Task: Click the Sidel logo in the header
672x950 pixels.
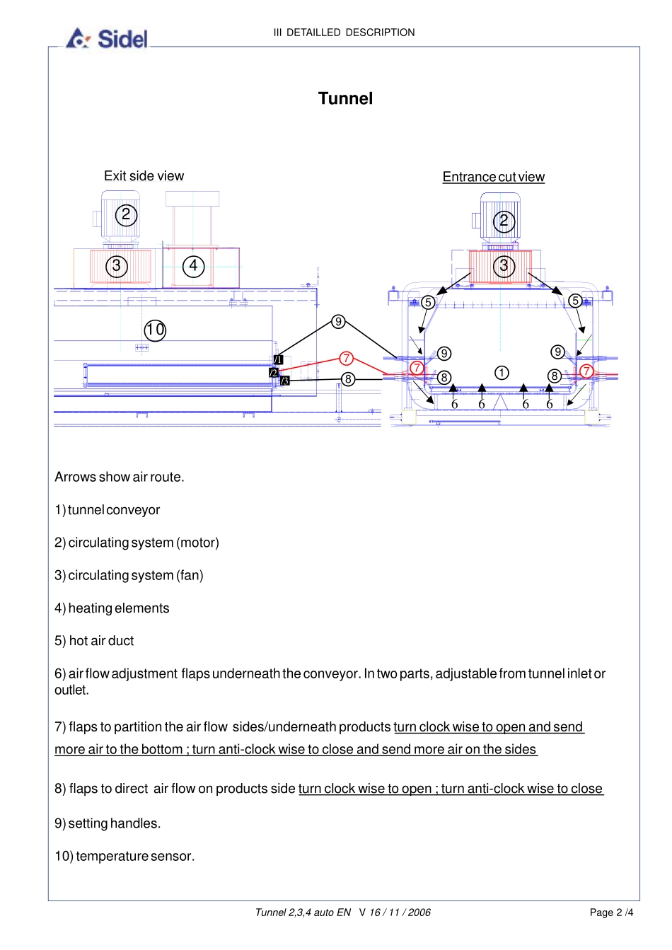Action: [x=108, y=38]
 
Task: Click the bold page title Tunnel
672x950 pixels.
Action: [x=345, y=98]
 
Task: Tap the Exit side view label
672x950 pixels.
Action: [x=144, y=176]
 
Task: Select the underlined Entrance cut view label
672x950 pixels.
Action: [x=493, y=177]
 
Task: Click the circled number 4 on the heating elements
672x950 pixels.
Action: [x=193, y=266]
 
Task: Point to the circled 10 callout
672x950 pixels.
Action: [x=155, y=330]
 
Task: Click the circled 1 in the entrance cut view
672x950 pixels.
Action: [x=502, y=373]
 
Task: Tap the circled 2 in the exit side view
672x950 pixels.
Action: [x=126, y=215]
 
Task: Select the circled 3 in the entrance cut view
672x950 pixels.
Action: [x=504, y=267]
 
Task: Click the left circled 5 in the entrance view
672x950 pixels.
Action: [x=428, y=302]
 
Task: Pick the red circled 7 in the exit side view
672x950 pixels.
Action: [x=346, y=359]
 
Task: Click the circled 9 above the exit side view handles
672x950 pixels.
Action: [x=338, y=322]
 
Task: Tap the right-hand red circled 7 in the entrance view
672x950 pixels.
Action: [x=586, y=371]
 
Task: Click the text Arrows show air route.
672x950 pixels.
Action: [x=120, y=477]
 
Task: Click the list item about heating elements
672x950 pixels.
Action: [x=112, y=608]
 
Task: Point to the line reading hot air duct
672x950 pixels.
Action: [x=94, y=641]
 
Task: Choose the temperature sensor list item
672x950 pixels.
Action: [x=124, y=856]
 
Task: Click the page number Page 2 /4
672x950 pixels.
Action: [x=611, y=913]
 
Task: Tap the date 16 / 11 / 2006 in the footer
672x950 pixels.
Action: [x=400, y=913]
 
